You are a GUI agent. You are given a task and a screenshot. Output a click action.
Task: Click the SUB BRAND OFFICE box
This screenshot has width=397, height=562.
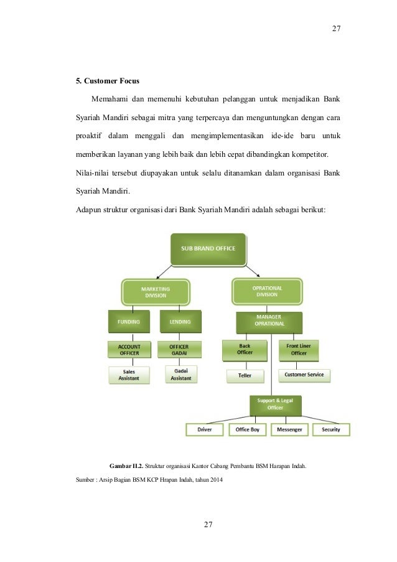pos(208,249)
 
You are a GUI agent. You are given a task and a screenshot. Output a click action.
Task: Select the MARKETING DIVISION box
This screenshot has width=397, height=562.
pos(155,293)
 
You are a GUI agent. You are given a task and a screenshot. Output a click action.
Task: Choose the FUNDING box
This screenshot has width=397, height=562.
pos(129,322)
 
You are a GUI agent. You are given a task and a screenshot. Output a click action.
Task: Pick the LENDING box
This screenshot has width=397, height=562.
pos(180,322)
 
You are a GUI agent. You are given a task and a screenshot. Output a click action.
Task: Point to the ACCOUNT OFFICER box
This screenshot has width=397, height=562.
pos(129,349)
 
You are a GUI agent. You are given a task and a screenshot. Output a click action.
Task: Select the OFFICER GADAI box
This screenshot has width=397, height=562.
pos(180,349)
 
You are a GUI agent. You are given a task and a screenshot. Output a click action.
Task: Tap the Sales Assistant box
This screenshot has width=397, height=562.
pos(129,374)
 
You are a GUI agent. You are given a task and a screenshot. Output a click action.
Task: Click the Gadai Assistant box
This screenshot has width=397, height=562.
pos(180,374)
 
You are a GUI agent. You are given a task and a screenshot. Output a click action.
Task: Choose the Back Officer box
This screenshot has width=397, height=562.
pos(245,349)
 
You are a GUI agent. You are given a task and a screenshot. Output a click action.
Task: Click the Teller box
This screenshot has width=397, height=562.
pos(245,375)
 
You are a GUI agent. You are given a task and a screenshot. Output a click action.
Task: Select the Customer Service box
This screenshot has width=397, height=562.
pos(303,375)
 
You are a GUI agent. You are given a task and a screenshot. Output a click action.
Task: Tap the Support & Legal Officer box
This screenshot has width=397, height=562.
pos(276,404)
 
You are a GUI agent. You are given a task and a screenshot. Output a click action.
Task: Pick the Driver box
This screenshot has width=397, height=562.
pos(205,429)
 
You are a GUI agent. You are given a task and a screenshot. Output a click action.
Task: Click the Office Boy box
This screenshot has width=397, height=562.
pos(248,429)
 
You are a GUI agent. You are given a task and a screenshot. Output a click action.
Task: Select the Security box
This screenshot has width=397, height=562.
pos(330,429)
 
